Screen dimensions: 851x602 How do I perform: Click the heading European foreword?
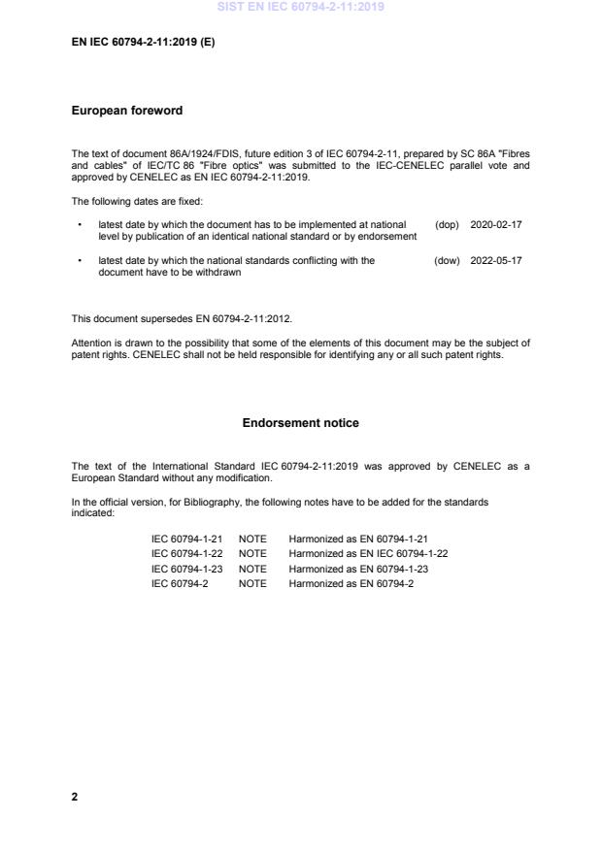[x=127, y=111]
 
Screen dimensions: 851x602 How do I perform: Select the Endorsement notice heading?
[x=300, y=423]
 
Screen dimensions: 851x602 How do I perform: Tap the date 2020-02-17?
[x=496, y=224]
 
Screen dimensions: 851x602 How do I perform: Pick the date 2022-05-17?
[x=496, y=260]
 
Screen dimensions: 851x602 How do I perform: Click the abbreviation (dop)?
[x=447, y=224]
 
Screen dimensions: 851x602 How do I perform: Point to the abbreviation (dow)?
[x=447, y=260]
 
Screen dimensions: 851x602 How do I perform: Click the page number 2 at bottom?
[x=75, y=797]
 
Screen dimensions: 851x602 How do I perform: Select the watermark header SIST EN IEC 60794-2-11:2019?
[x=300, y=7]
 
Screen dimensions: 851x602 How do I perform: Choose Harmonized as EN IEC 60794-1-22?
[x=368, y=553]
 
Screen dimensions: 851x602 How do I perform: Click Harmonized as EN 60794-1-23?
[x=358, y=569]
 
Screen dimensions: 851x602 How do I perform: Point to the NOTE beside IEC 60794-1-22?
[x=252, y=553]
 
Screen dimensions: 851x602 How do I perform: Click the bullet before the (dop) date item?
[x=79, y=224]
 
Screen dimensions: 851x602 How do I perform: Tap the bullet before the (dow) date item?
[x=79, y=260]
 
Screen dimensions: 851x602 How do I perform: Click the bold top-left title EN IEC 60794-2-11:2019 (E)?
[x=143, y=44]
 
